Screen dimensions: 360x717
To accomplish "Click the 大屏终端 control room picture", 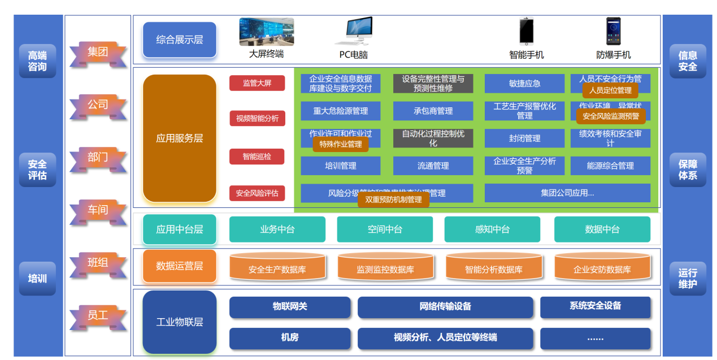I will pos(266,32).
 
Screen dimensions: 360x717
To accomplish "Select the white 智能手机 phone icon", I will pos(527,31).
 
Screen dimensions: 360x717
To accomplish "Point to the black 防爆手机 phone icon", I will pos(613,31).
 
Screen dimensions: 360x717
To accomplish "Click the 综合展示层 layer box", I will pos(180,40).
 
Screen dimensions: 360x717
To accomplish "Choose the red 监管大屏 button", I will pos(257,83).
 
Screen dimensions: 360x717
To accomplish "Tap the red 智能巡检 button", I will pos(257,157).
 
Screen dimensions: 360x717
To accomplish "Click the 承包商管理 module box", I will pos(433,111).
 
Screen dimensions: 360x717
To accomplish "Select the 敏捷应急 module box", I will pos(524,83).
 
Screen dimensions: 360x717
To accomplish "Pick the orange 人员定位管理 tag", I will pos(610,90).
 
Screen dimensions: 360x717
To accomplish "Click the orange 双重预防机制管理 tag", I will pos(393,199).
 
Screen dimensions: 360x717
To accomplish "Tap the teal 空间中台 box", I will pos(385,229).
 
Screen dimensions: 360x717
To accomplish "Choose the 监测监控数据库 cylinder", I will pos(385,268).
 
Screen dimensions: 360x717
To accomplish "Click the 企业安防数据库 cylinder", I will pos(602,268).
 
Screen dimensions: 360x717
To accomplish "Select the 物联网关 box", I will pos(290,307).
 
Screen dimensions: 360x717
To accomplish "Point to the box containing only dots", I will pos(595,339).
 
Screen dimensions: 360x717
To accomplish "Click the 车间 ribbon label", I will pos(98,210).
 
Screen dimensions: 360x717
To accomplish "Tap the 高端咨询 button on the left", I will pos(37,61).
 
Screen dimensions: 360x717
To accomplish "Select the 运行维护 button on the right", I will pos(688,279).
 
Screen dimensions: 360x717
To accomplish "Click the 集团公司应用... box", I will pos(567,193).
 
